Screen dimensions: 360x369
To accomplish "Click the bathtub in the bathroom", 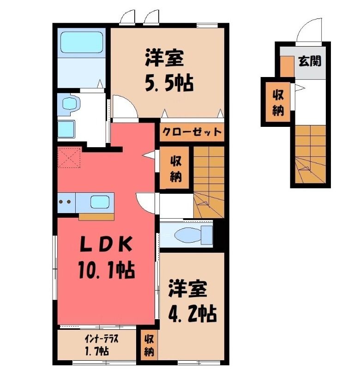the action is coord(82,42).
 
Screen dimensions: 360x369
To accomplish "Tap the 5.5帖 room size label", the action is coord(169,83).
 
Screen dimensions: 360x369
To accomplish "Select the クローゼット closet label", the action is coord(192,132).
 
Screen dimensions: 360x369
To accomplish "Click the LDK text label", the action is coord(105,244).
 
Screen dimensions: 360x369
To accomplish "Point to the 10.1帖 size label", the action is coord(107,270).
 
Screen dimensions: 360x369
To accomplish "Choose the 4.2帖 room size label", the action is coord(192,314).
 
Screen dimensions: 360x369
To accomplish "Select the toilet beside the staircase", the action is coord(193,235).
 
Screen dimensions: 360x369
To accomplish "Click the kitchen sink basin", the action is coord(100,202).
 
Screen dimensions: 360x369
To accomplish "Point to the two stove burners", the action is coord(65,202).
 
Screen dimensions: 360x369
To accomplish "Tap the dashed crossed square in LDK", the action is coord(69,158).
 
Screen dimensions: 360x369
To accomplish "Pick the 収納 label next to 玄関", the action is coord(278,102).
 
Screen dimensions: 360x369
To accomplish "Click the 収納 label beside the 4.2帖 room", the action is coord(149,345).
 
